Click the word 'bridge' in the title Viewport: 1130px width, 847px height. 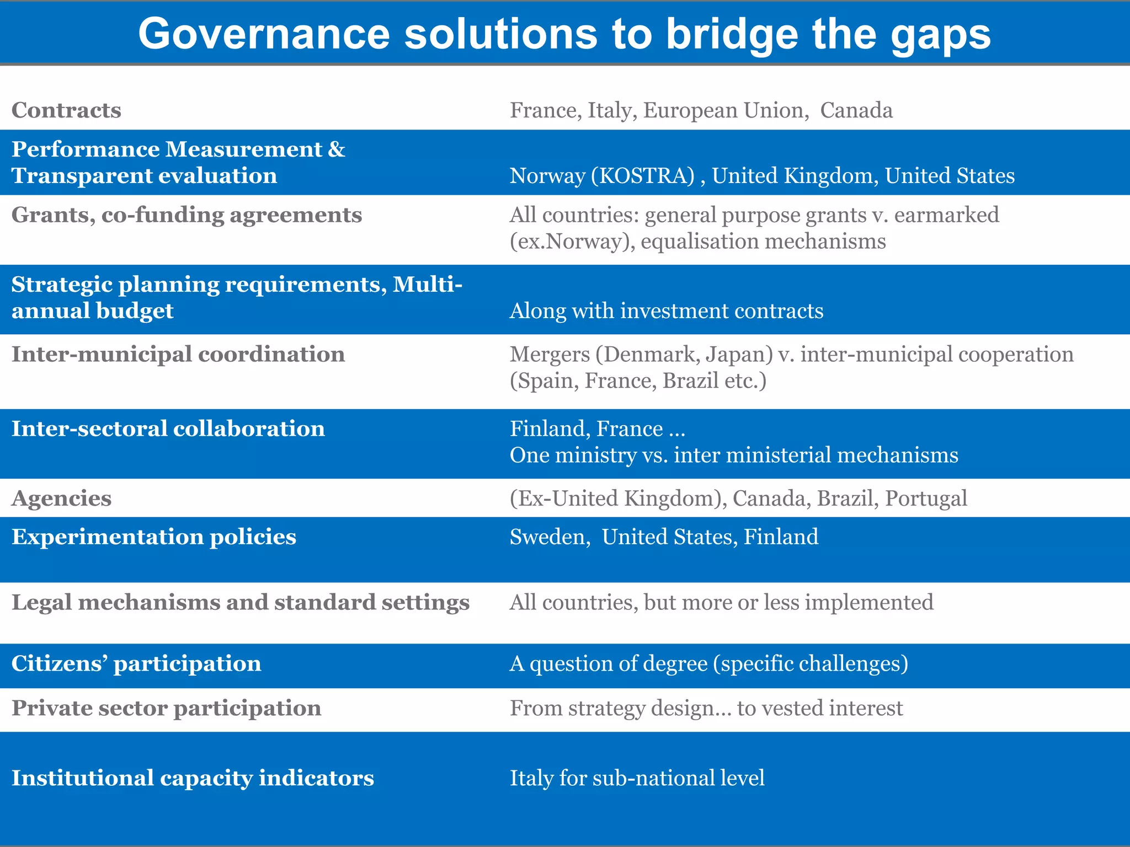[x=731, y=34]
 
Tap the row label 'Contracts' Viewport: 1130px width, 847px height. [x=66, y=110]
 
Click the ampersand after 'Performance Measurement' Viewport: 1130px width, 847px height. [x=337, y=149]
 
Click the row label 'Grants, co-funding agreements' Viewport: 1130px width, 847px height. [x=186, y=215]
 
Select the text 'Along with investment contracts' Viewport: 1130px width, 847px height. [x=666, y=311]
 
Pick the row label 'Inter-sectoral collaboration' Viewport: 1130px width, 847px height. [x=168, y=429]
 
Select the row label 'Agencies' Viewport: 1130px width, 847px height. [x=61, y=498]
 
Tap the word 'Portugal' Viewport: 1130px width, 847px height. [x=926, y=498]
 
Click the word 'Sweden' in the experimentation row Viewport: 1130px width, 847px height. [x=547, y=537]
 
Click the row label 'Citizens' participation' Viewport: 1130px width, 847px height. [x=136, y=663]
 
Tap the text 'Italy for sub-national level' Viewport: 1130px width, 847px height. [x=637, y=778]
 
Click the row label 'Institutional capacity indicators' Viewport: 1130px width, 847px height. [x=193, y=778]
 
